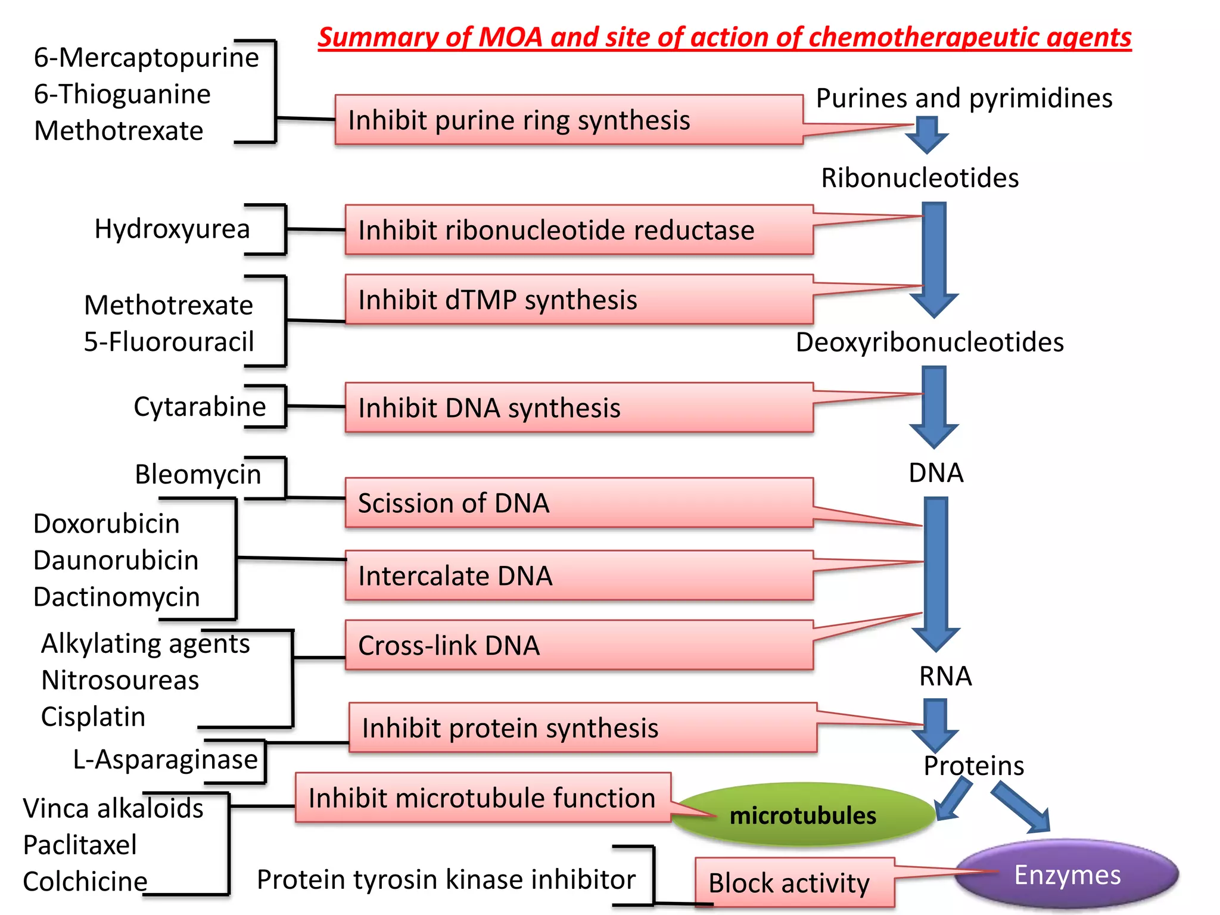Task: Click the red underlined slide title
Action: click(x=724, y=38)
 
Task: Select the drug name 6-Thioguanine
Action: click(x=122, y=94)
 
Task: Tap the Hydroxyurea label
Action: click(x=172, y=229)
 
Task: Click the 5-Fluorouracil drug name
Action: click(x=169, y=342)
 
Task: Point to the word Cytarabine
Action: click(x=200, y=407)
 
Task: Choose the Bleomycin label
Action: click(x=198, y=475)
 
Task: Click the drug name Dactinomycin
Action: click(x=116, y=597)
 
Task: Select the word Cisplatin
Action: click(x=93, y=717)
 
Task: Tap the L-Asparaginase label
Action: click(x=165, y=760)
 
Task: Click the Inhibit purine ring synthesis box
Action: click(x=568, y=120)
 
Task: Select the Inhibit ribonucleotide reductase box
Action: click(x=578, y=230)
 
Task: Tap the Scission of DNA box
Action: click(x=578, y=503)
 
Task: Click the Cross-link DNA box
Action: click(x=578, y=645)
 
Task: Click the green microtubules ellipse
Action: click(x=802, y=815)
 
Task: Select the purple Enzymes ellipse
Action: click(x=1067, y=874)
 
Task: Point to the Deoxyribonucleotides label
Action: click(x=929, y=343)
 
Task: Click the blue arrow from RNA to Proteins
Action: click(x=936, y=724)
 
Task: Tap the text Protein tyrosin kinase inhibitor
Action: click(x=446, y=879)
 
